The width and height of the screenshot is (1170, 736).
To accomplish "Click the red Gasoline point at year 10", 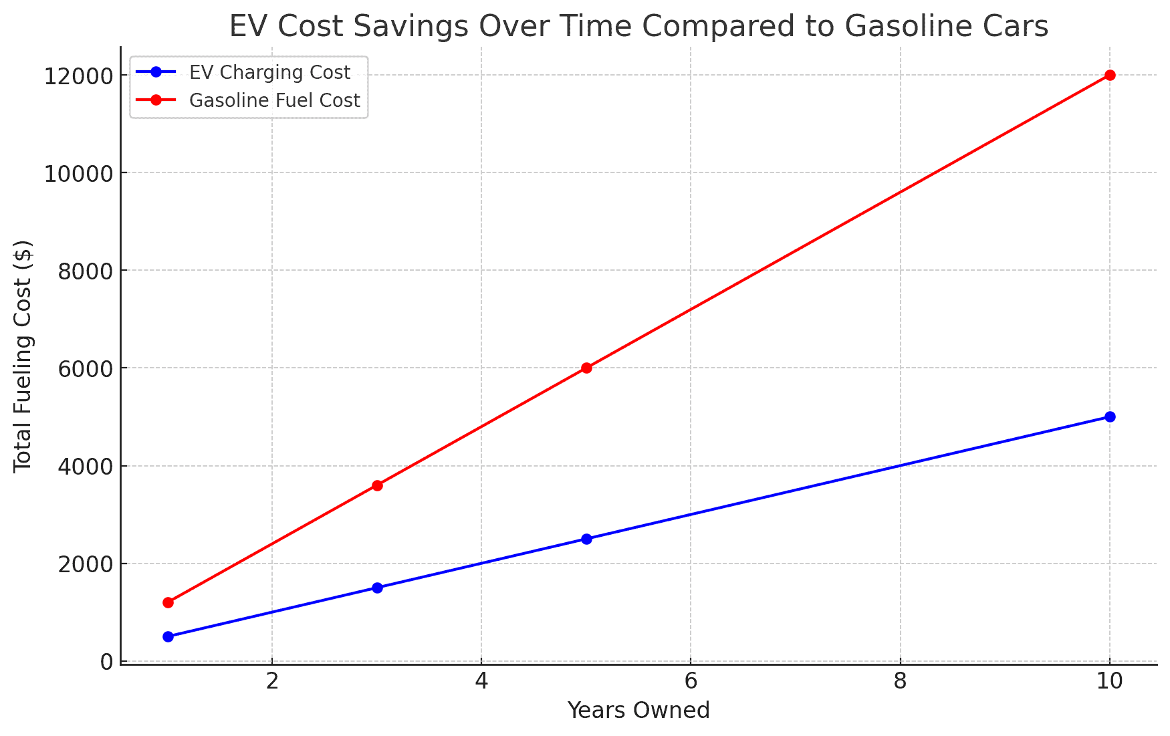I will point(1110,75).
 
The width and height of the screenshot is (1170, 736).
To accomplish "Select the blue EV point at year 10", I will point(1110,416).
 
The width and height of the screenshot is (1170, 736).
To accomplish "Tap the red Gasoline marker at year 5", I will point(586,368).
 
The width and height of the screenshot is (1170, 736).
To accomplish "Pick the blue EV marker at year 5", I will point(586,539).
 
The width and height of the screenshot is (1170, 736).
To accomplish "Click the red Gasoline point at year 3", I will point(377,485).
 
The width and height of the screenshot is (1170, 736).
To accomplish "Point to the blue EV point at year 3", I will point(377,588).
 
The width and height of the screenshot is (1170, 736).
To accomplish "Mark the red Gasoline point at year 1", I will point(168,602).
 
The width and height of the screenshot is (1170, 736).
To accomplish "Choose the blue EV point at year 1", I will point(168,636).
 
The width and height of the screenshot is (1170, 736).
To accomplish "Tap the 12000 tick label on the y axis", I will point(78,76).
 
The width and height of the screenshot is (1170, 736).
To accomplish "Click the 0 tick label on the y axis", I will point(106,662).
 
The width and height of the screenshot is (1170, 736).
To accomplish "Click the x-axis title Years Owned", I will point(638,710).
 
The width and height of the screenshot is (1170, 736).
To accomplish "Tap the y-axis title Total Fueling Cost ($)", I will point(23,356).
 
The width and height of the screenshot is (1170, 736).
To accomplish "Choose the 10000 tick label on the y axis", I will point(78,173).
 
